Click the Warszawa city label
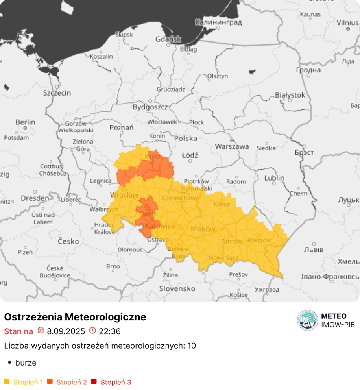pyautogui.click(x=232, y=146)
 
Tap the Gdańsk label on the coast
pyautogui.click(x=168, y=39)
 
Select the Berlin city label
pyautogui.click(x=25, y=122)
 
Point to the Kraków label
pyautogui.click(x=203, y=229)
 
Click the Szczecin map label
pyautogui.click(x=57, y=93)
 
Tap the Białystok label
pyautogui.click(x=290, y=95)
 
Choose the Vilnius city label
pyautogui.click(x=347, y=22)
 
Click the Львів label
pyautogui.click(x=314, y=250)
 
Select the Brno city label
pyautogui.click(x=113, y=266)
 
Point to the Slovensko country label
pyautogui.click(x=177, y=288)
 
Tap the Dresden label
pyautogui.click(x=35, y=198)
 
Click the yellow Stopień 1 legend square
pyautogui.click(x=7, y=382)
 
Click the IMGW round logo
pyautogui.click(x=307, y=320)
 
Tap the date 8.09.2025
pyautogui.click(x=66, y=331)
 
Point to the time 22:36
pyautogui.click(x=109, y=331)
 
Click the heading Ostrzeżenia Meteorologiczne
pyautogui.click(x=75, y=317)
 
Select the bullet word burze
pyautogui.click(x=26, y=363)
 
